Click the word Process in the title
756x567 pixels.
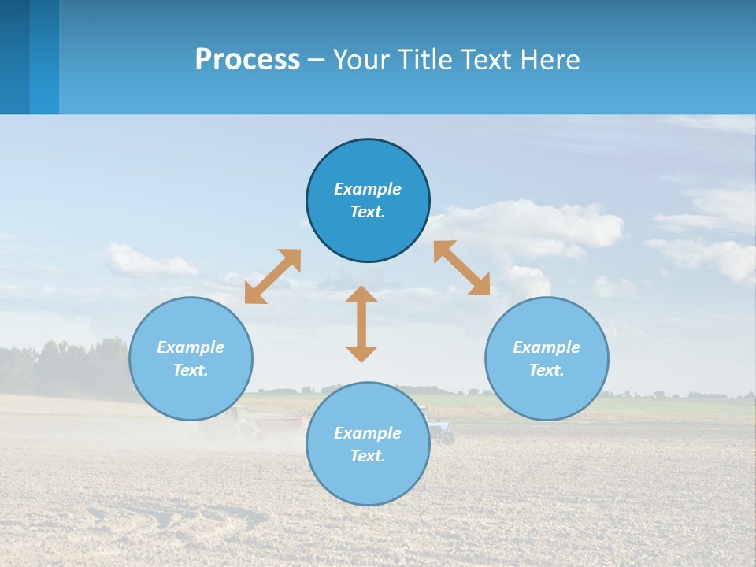(x=247, y=60)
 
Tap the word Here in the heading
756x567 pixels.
(x=550, y=60)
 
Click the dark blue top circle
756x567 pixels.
(x=368, y=157)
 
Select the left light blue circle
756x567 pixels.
(x=191, y=394)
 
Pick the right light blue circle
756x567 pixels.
(x=547, y=394)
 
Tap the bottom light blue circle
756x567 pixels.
(x=368, y=480)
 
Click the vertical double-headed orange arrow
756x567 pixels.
(x=361, y=324)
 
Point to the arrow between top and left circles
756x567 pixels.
(x=272, y=276)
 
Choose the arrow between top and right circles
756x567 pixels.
(x=461, y=268)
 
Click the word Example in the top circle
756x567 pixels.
(x=368, y=189)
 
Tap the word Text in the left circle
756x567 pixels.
(x=191, y=370)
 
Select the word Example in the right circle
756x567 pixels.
(x=547, y=347)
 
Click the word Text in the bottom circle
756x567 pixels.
(x=368, y=456)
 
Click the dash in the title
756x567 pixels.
(x=317, y=60)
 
